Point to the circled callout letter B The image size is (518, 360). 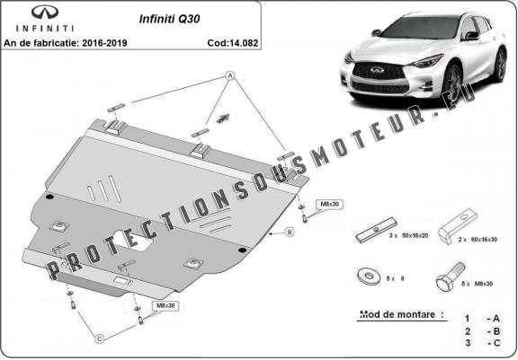tap(290, 233)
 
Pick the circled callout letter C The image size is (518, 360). tap(101, 338)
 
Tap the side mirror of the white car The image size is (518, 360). tap(471, 38)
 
